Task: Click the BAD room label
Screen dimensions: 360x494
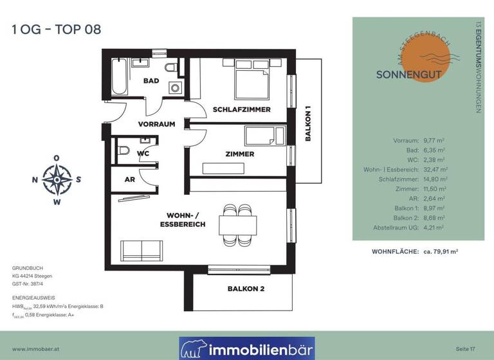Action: tap(151, 81)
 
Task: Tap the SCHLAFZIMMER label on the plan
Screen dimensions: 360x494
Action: tap(241, 109)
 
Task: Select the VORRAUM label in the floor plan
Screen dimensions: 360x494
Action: tap(156, 124)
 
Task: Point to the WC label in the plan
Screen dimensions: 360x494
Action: tap(143, 154)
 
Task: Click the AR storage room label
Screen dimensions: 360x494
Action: tap(130, 180)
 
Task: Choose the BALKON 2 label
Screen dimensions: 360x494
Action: tap(246, 289)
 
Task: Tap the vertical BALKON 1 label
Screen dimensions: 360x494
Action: tap(308, 124)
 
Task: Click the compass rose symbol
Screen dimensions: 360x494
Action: tap(57, 179)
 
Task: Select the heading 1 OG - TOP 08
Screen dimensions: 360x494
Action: tap(56, 29)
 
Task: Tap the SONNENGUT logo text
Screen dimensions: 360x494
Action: tap(409, 73)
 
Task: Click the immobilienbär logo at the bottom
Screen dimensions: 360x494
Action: tap(247, 349)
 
